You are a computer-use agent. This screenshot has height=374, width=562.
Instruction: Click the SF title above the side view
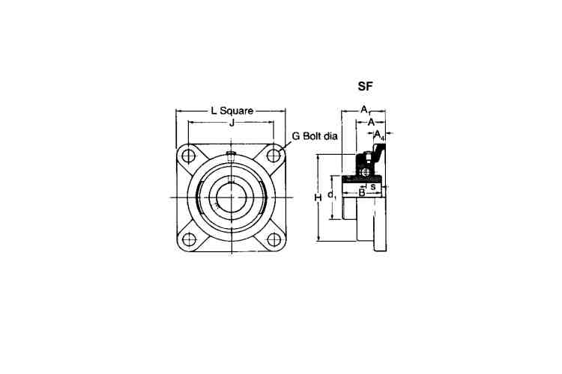point(365,86)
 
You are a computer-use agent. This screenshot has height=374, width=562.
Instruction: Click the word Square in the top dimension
point(237,111)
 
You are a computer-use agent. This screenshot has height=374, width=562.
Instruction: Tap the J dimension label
point(232,123)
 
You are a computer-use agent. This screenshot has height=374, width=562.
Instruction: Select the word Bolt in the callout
point(312,136)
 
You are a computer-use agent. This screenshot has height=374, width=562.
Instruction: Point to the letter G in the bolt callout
point(296,136)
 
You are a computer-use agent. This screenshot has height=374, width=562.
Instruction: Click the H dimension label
point(318,197)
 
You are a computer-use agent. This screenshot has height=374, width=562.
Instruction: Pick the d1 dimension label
point(332,195)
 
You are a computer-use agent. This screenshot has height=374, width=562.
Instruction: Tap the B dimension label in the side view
point(362,193)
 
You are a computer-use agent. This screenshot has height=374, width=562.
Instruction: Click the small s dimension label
point(373,186)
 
